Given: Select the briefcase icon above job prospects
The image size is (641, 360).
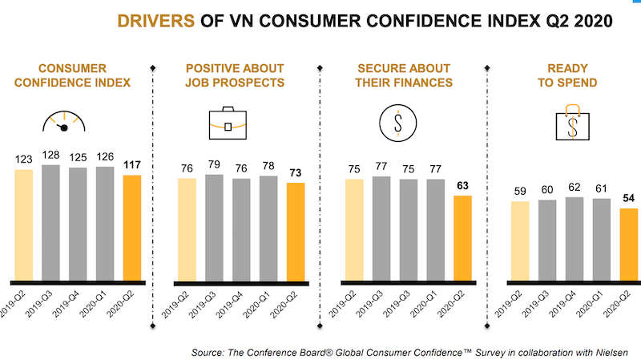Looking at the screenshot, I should [x=228, y=122].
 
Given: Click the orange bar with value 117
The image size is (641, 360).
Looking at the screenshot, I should [x=131, y=228].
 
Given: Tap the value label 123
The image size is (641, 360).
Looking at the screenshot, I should [x=24, y=160].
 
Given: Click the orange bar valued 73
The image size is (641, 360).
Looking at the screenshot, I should [x=296, y=232].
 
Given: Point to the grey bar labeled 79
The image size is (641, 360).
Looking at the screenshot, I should [x=214, y=227].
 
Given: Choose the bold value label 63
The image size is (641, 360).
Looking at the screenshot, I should [x=462, y=185].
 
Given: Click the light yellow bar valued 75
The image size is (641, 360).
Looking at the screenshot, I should [x=354, y=229].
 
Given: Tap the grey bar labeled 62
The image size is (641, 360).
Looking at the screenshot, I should [x=574, y=239].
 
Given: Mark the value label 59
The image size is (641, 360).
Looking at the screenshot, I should [x=519, y=192].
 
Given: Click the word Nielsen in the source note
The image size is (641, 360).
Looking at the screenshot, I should [x=618, y=352].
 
